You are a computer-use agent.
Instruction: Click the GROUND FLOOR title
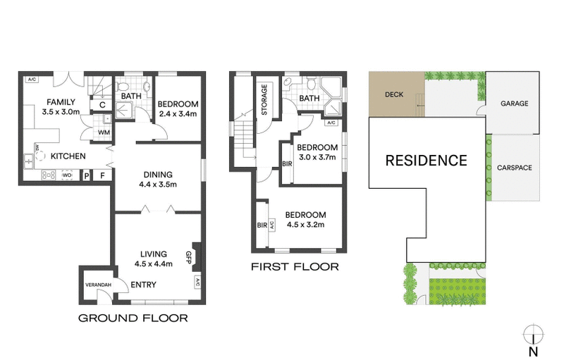[133, 318]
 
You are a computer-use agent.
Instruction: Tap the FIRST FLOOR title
[295, 267]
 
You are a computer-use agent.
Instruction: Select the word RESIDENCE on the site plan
[426, 160]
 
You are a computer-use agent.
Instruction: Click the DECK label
[394, 94]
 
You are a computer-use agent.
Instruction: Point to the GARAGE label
[514, 103]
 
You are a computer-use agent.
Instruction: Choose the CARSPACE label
[514, 168]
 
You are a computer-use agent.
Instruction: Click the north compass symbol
[534, 334]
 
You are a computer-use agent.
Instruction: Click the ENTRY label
[144, 285]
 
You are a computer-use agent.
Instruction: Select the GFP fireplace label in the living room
[189, 256]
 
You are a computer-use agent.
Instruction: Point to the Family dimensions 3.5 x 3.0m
[61, 111]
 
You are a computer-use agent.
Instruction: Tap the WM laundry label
[104, 132]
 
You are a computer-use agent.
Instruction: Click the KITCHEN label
[68, 156]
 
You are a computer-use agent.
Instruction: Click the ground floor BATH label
[131, 96]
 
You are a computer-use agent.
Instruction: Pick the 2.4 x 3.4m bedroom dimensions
[177, 114]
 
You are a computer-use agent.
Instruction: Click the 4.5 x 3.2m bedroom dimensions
[306, 225]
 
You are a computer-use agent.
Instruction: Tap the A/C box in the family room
[32, 79]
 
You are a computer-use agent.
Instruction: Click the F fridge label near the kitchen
[102, 175]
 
